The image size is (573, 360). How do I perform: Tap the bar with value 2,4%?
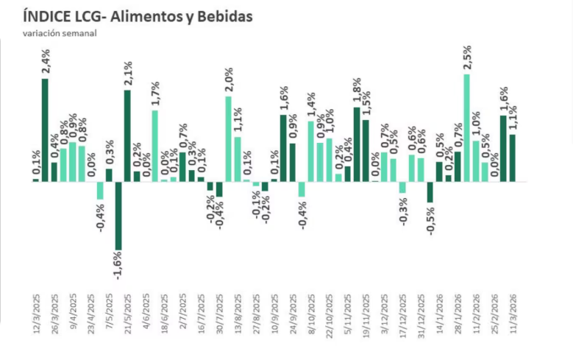click(45, 130)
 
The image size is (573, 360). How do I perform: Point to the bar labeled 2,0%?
click(228, 138)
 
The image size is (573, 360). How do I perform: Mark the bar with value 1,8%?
click(357, 144)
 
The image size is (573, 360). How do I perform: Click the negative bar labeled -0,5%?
click(430, 191)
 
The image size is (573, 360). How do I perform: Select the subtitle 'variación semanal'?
click(59, 32)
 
